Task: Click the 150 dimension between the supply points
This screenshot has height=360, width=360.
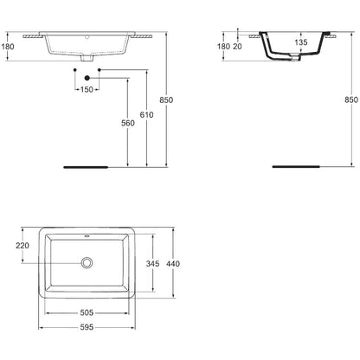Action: tap(87, 89)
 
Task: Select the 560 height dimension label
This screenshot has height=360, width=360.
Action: tap(128, 123)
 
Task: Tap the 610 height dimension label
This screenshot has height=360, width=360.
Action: tap(146, 115)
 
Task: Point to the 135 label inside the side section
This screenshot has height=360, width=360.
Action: tap(301, 42)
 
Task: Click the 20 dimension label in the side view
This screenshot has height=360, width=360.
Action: tap(237, 47)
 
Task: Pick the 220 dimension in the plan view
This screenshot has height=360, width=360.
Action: tap(22, 246)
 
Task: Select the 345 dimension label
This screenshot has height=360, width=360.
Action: tap(152, 264)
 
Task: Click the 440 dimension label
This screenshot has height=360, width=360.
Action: tap(173, 264)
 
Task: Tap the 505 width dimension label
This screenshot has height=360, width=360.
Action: tap(87, 312)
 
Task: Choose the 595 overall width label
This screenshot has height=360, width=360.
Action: tap(87, 327)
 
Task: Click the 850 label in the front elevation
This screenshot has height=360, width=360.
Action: tap(166, 100)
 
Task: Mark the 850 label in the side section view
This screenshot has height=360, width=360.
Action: tap(351, 100)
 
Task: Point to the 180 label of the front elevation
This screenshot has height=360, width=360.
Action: tap(8, 47)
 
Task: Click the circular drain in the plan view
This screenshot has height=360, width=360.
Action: tap(87, 263)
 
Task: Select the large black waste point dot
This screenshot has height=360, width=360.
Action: tap(87, 78)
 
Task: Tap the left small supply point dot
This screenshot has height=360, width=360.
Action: tap(75, 70)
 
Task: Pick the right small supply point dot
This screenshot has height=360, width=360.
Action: tap(100, 70)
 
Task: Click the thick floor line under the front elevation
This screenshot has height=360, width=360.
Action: tap(86, 167)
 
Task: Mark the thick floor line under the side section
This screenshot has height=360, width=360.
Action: tap(296, 166)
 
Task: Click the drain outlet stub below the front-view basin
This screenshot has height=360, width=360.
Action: tap(87, 58)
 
